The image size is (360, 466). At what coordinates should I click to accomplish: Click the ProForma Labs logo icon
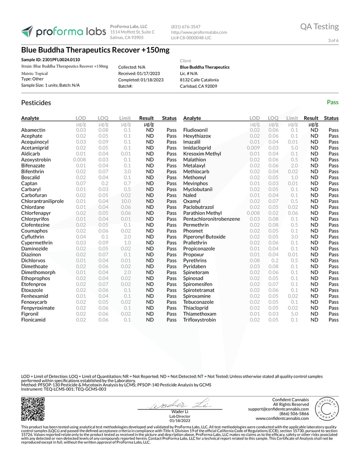27,32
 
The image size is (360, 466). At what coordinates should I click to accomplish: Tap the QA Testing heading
319,26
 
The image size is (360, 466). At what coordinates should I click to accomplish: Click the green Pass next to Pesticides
332,102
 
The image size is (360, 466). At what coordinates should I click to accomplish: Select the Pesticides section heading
36,103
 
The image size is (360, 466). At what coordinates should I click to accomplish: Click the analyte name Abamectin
33,130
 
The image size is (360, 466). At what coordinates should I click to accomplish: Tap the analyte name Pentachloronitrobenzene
212,219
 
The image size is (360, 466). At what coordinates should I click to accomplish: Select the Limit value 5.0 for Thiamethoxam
292,313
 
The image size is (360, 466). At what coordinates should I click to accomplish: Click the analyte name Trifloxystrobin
199,320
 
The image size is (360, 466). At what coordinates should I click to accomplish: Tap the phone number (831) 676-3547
185,26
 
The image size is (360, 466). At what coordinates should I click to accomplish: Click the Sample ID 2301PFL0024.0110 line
50,60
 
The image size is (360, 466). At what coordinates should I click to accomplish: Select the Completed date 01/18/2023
141,80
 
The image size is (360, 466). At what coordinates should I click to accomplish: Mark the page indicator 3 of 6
333,40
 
